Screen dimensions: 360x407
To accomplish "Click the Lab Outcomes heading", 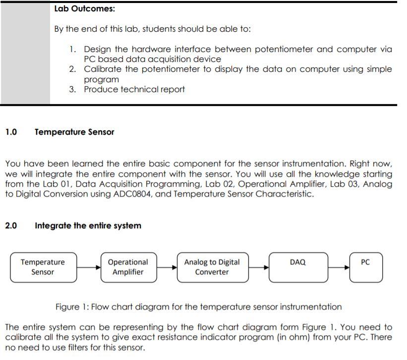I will pyautogui.click(x=85, y=9).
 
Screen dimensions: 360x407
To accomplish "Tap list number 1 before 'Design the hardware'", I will pyautogui.click(x=72, y=49).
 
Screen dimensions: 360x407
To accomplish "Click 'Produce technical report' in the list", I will pyautogui.click(x=134, y=90).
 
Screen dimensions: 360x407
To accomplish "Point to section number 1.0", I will pyautogui.click(x=11, y=132).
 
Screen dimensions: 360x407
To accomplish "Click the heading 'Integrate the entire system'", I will pyautogui.click(x=88, y=226).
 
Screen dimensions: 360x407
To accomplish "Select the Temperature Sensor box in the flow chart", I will pyautogui.click(x=43, y=267).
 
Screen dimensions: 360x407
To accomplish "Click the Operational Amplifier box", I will pyautogui.click(x=128, y=267).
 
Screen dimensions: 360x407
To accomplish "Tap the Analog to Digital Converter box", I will pyautogui.click(x=212, y=267).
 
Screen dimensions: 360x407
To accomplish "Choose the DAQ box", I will pyautogui.click(x=297, y=267).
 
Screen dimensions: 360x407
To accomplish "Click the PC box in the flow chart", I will pyautogui.click(x=365, y=267).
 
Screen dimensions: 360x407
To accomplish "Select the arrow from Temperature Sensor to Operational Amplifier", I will pyautogui.click(x=89, y=267).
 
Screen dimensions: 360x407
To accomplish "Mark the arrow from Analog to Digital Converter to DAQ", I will pyautogui.click(x=258, y=267).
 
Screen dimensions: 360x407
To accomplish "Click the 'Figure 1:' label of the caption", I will pyautogui.click(x=72, y=307).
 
